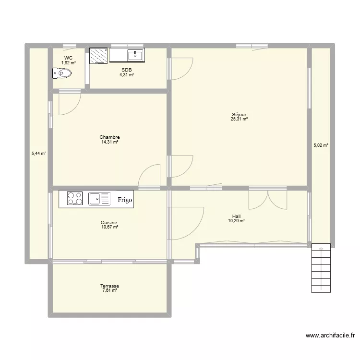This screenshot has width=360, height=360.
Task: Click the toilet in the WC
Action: (62, 73)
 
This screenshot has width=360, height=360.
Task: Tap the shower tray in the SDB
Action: (98, 56)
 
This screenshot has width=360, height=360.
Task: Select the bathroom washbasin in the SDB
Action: (135, 55)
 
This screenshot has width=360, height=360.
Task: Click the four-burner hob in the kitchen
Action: (75, 198)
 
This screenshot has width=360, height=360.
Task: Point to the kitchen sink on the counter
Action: (99, 199)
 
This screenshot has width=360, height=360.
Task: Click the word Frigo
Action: (125, 200)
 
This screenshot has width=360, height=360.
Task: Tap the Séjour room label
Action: (239, 114)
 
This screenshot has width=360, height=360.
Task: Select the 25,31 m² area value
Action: (239, 119)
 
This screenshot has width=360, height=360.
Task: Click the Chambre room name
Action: (109, 137)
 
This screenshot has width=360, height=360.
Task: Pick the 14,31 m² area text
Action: (109, 142)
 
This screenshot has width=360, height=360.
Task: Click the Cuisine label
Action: (109, 222)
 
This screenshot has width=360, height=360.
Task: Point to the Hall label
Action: (236, 216)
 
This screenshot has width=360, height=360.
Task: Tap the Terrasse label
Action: (109, 286)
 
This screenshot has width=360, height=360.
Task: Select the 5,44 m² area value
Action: (39, 154)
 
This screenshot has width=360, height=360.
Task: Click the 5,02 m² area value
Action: (321, 145)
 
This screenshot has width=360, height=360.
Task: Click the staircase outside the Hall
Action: (321, 268)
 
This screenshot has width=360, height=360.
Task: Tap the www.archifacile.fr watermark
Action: (330, 336)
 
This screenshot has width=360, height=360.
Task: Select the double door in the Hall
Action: (268, 199)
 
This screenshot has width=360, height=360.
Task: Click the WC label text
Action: (68, 58)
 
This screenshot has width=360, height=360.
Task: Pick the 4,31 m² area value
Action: (127, 74)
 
